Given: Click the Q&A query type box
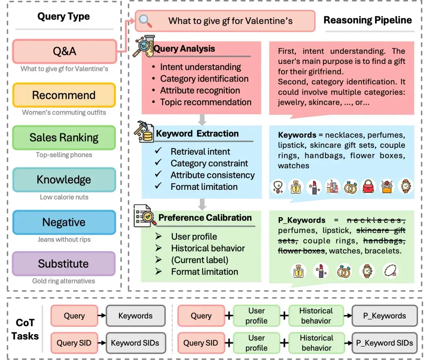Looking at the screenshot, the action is click(x=65, y=51).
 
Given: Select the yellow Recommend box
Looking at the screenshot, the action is click(x=64, y=95).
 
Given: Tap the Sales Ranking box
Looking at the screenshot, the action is click(x=64, y=138).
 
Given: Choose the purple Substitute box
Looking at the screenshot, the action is click(x=64, y=264).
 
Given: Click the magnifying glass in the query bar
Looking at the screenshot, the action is click(x=145, y=21).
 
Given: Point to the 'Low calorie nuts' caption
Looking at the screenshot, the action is click(x=64, y=197).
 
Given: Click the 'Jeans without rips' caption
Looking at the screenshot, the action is click(x=64, y=240).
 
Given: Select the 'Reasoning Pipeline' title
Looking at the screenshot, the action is click(x=367, y=20).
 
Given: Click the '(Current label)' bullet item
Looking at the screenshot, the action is click(x=199, y=260).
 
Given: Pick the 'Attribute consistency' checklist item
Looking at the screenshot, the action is click(x=212, y=175).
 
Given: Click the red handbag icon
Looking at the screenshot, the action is click(x=368, y=186).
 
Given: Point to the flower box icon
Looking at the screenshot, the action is click(x=387, y=186).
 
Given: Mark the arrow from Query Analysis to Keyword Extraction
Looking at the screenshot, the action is click(x=202, y=120).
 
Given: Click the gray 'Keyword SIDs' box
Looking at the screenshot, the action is click(x=136, y=343).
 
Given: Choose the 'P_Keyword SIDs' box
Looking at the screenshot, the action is click(x=384, y=343).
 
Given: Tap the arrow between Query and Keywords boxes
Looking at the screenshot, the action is click(x=102, y=315).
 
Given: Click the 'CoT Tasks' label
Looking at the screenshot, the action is click(x=25, y=329).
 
